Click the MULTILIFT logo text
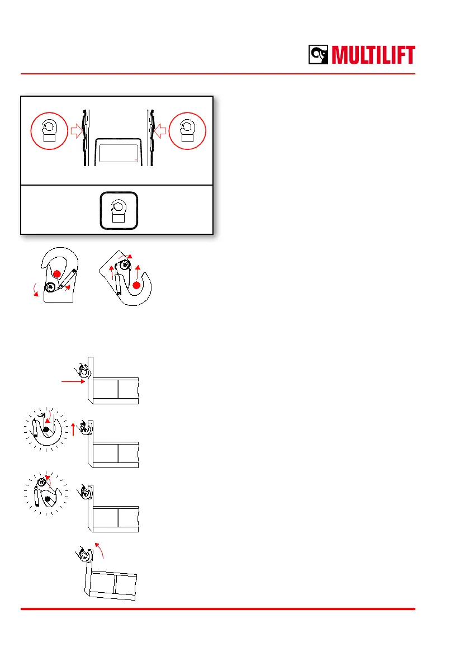tap(373, 55)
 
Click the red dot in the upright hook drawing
tap(58, 274)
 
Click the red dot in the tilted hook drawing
tap(136, 285)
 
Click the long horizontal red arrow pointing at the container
tap(73, 380)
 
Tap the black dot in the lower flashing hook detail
tap(48, 498)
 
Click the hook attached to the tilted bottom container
tap(84, 555)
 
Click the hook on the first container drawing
tap(83, 369)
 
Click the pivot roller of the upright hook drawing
tap(51, 287)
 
